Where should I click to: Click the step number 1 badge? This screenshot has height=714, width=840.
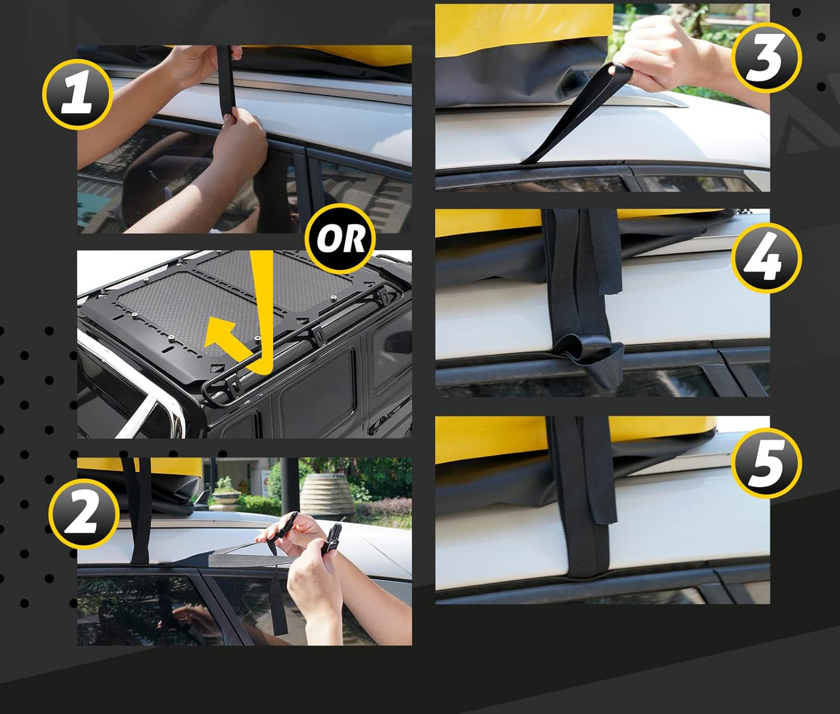click(78, 94)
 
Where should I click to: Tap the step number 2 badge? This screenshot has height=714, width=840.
click(84, 513)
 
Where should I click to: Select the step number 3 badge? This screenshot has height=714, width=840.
click(767, 58)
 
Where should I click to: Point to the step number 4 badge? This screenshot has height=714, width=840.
click(767, 257)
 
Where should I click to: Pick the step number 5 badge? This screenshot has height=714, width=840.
click(767, 463)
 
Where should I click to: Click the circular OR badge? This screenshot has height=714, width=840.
click(340, 239)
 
